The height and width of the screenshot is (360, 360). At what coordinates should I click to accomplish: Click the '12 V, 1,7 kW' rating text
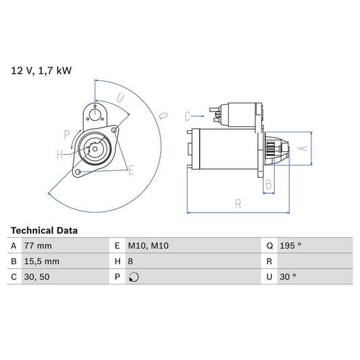tap(40, 70)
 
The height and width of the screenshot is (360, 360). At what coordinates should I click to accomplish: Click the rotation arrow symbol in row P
tap(134, 276)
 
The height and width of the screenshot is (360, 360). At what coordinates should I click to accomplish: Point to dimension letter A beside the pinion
tap(303, 147)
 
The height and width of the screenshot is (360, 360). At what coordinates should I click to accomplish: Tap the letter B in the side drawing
tap(268, 183)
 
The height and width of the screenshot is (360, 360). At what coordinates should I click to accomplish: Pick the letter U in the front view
tap(121, 98)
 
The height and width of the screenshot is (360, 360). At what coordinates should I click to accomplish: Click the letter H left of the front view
tap(59, 155)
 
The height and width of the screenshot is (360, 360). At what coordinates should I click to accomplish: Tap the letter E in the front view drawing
tap(131, 170)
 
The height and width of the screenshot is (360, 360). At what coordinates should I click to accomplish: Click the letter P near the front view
tap(67, 134)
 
